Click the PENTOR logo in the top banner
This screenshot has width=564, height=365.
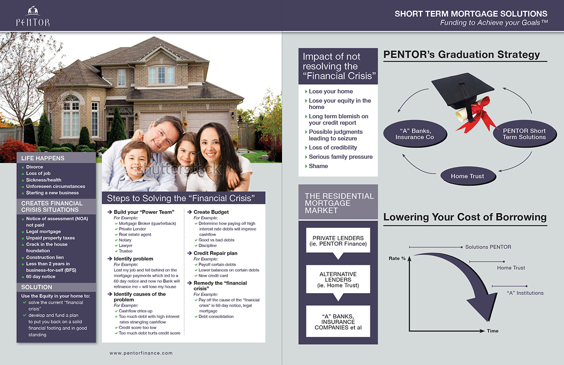32,16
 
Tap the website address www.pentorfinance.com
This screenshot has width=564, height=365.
141,353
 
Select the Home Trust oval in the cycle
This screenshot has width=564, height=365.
467,176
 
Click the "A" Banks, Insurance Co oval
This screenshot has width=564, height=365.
415,134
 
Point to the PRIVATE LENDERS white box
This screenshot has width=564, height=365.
338,241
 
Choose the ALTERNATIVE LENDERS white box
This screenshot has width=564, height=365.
338,280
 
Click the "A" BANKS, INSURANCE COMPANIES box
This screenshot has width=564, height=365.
338,321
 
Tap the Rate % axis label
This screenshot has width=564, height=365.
397,258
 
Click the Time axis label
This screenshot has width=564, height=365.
493,331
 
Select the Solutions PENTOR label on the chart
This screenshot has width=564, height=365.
488,247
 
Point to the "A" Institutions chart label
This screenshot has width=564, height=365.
525,293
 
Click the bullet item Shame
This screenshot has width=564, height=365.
318,166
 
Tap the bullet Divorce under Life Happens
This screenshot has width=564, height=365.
34,167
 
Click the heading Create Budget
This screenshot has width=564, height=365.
211,212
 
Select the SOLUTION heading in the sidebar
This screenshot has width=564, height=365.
37,287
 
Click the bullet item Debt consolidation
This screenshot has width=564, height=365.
216,317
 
